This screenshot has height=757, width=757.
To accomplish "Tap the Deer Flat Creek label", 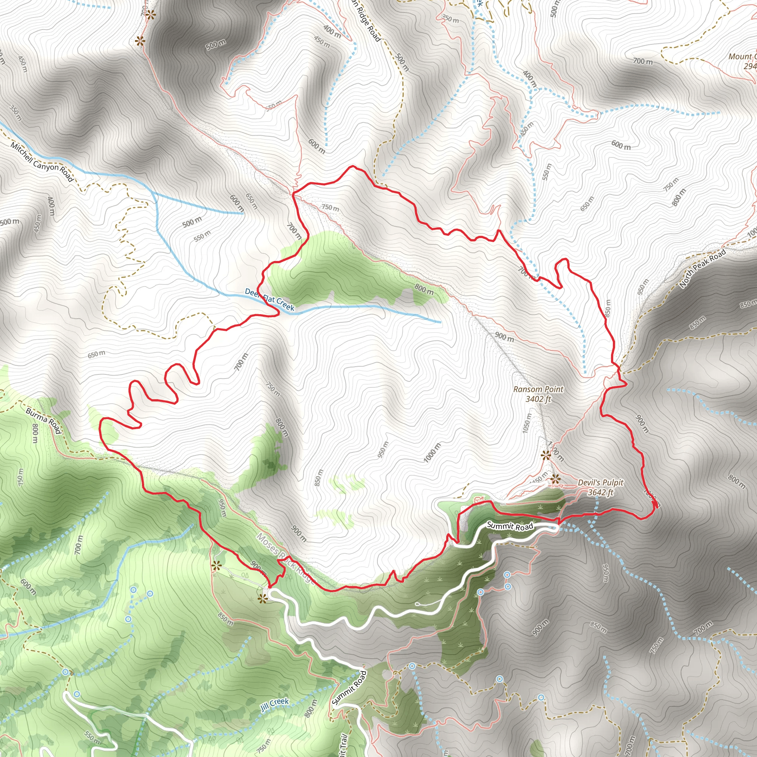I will pos(269,299).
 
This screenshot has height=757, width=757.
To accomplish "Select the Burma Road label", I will pos(44,420).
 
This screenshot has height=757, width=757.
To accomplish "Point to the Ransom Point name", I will pos(538,390).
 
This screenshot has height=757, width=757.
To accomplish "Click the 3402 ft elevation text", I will pos(538,399).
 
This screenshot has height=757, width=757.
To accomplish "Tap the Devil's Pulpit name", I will pos(601,483).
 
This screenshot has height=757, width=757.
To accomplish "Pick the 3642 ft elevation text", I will pos(601,492).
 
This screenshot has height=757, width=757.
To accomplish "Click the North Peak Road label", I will pos(703,268).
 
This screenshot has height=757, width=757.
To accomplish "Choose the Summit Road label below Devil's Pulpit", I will pos(510,526).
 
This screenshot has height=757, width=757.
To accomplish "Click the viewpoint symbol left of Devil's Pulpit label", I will pos(555,478).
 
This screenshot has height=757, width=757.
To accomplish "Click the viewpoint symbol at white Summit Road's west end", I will pos(262,598).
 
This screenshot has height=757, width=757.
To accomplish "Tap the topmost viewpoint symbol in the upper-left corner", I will pos(150,15).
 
